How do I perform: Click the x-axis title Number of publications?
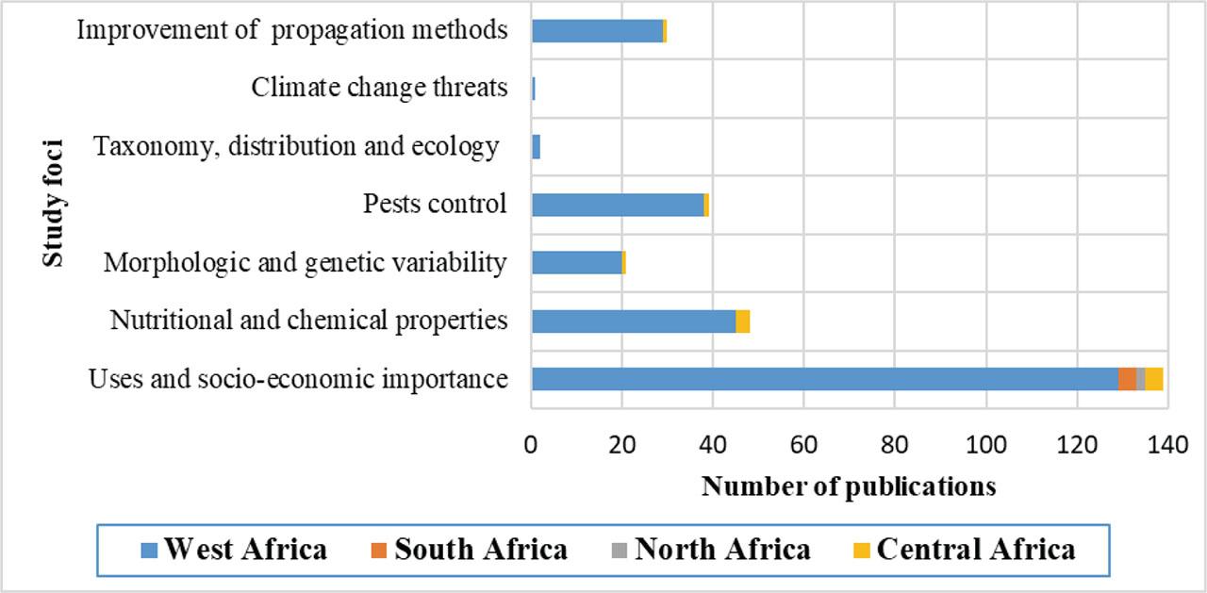pos(849,486)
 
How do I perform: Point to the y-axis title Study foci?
pos(54,203)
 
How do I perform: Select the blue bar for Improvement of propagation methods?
pos(597,30)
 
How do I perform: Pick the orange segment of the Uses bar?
pos(1127,379)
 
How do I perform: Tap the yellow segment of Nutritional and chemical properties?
pos(743,321)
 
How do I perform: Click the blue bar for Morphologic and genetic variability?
pos(577,262)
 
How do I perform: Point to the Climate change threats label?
pos(379,88)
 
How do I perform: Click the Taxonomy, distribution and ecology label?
pos(296,146)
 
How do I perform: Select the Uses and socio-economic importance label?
pos(298,379)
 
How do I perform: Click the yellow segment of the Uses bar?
pos(1154,379)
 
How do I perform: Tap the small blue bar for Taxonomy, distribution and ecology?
pos(536,146)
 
